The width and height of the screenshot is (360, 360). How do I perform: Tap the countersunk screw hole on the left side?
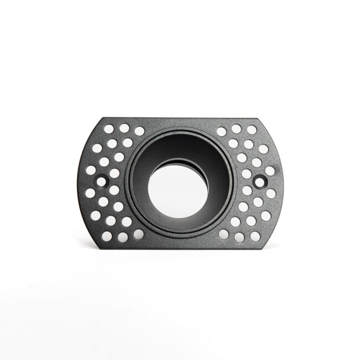coord(102,181)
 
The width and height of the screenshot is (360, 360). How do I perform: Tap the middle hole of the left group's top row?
coord(125,128)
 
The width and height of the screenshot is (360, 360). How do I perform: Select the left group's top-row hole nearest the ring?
coord(140,131)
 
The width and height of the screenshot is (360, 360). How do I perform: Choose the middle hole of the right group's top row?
coord(236,128)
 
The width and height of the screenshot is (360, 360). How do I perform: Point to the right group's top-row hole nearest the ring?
coord(222,131)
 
